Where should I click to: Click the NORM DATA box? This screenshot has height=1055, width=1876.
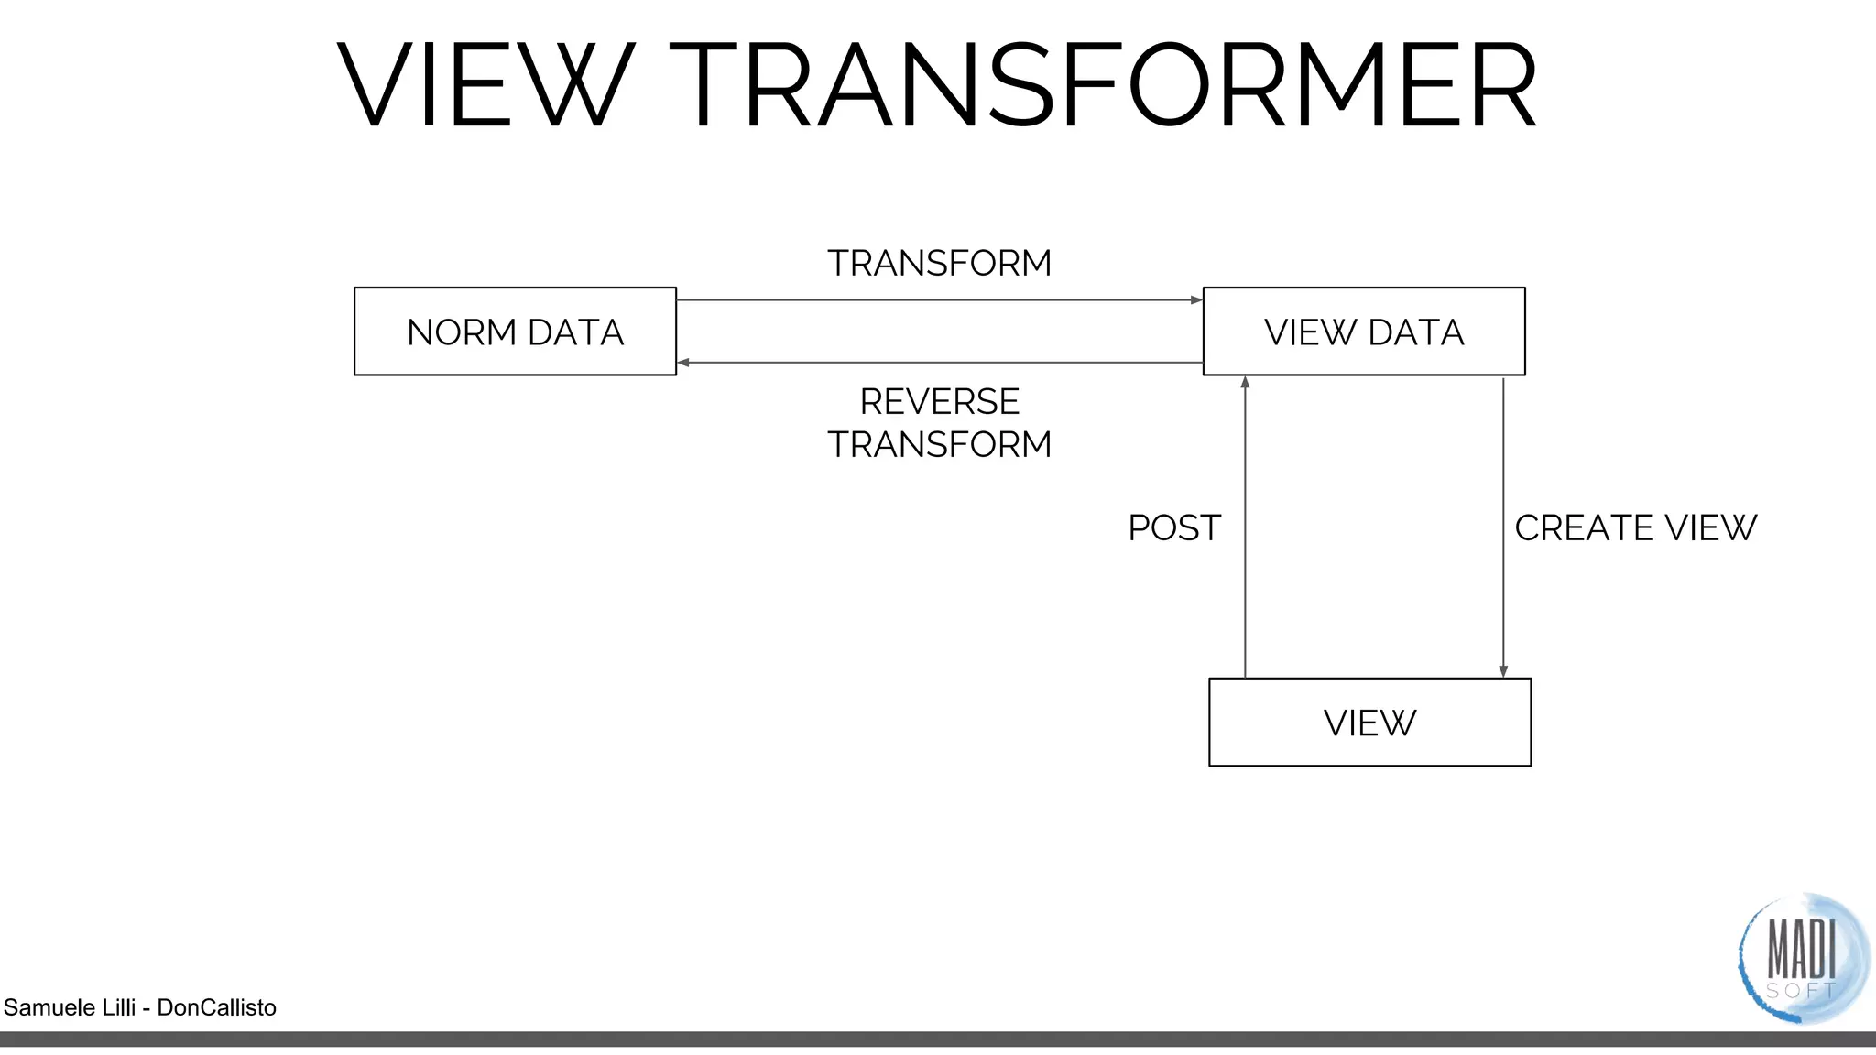pyautogui.click(x=515, y=332)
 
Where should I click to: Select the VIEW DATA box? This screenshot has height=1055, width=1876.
pyautogui.click(x=1364, y=332)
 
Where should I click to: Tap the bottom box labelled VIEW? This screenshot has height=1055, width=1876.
pyautogui.click(x=1369, y=723)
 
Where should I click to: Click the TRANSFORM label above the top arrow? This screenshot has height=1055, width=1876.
pyautogui.click(x=939, y=264)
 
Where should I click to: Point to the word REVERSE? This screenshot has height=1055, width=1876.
pyautogui.click(x=939, y=402)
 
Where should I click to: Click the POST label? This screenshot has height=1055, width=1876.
pyautogui.click(x=1173, y=528)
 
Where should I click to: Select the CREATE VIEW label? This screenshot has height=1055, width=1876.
pyautogui.click(x=1635, y=528)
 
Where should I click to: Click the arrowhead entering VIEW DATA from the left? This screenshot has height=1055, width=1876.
pyautogui.click(x=1196, y=300)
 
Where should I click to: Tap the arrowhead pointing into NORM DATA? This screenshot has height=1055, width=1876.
pyautogui.click(x=683, y=363)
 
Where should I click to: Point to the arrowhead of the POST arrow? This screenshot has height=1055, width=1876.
pyautogui.click(x=1245, y=382)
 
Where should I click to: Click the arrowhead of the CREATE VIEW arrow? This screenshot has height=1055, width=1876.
pyautogui.click(x=1503, y=671)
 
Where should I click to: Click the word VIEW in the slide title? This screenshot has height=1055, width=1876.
pyautogui.click(x=485, y=84)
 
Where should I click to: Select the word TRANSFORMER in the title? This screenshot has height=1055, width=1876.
pyautogui.click(x=1104, y=84)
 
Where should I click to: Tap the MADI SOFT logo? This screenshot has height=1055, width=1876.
pyautogui.click(x=1802, y=958)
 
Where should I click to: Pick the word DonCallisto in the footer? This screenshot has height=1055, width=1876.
pyautogui.click(x=216, y=1007)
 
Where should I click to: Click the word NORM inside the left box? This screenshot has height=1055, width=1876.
pyautogui.click(x=463, y=332)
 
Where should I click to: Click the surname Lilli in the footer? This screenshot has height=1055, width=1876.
pyautogui.click(x=115, y=1007)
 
